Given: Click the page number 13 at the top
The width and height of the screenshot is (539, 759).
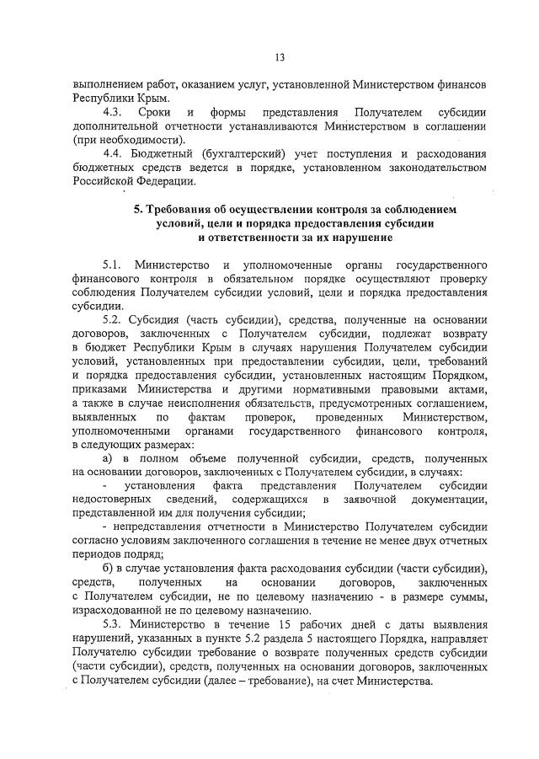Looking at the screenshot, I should pyautogui.click(x=279, y=57).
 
